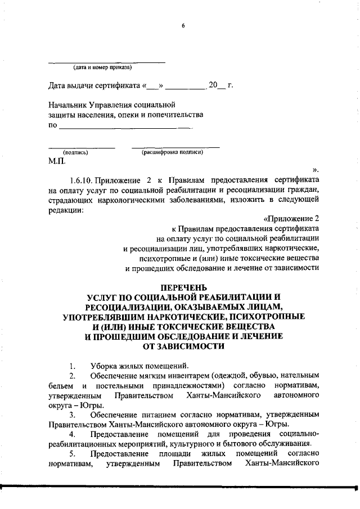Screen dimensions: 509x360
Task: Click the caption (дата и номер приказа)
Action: point(102,68)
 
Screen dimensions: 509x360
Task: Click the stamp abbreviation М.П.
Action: point(57,161)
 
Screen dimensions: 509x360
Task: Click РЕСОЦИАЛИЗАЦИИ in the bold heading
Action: point(130,307)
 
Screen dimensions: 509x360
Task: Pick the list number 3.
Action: point(71,414)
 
